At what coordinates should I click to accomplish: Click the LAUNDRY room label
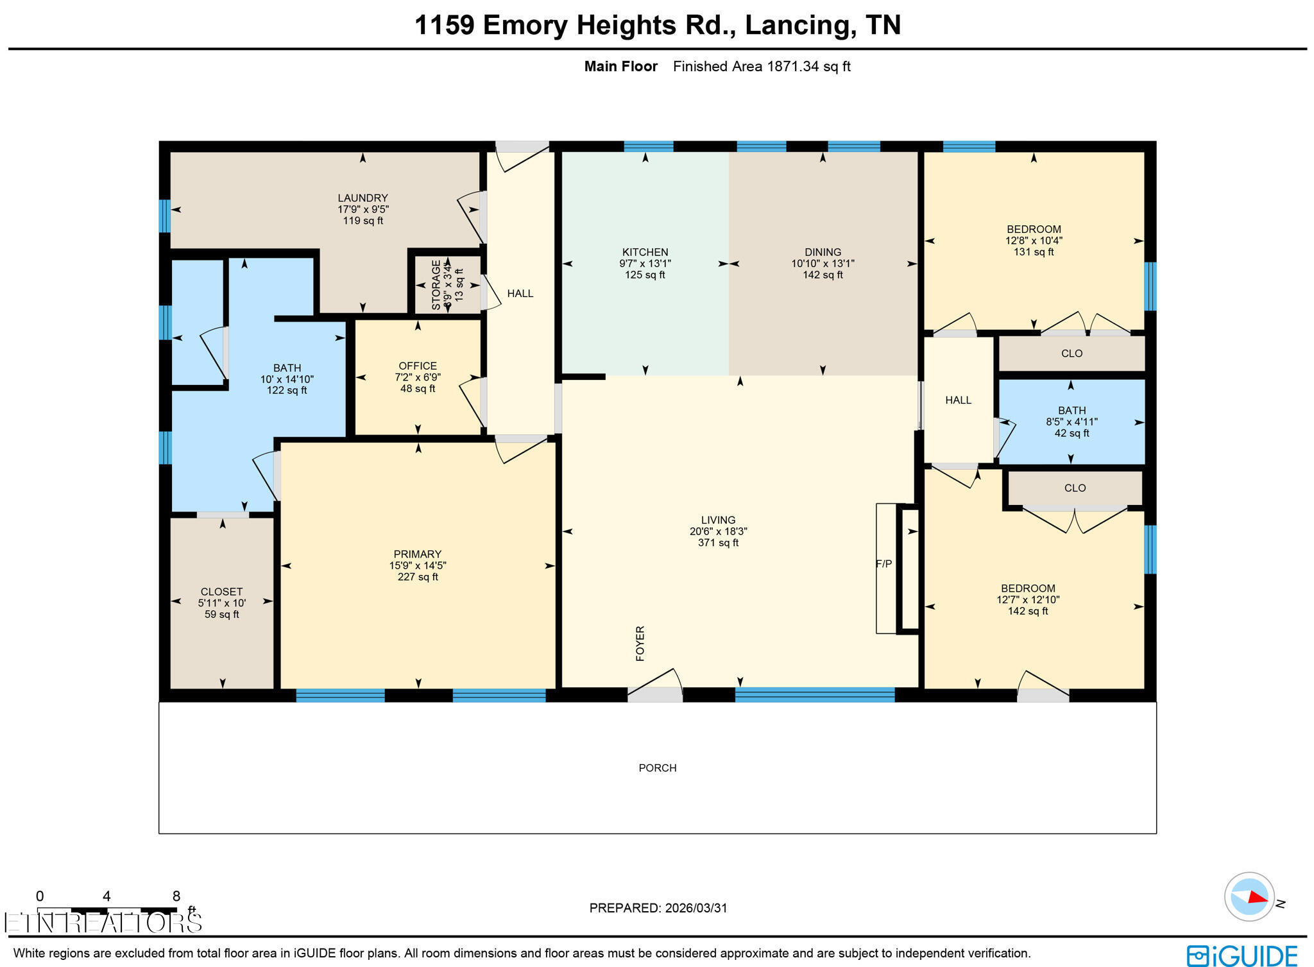[x=363, y=198]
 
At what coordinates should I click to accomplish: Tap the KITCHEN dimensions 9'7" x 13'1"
[x=645, y=264]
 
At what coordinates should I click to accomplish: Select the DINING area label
[x=823, y=252]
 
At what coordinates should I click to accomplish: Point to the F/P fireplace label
[x=883, y=564]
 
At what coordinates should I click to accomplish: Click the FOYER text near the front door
[x=640, y=643]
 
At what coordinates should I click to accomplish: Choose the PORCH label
[x=657, y=768]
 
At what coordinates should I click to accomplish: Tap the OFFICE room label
[x=418, y=366]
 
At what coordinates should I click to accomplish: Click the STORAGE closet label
[x=436, y=285]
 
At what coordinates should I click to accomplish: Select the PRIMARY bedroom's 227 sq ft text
[x=418, y=577]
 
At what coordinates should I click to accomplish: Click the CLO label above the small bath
[x=1071, y=354]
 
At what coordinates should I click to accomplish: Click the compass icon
[x=1249, y=896]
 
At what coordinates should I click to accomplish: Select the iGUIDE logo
[x=1241, y=955]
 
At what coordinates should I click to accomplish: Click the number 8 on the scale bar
[x=176, y=896]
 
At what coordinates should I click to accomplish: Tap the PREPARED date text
[x=658, y=908]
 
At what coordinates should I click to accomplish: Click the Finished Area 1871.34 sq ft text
[x=761, y=67]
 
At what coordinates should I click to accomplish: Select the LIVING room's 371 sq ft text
[x=718, y=543]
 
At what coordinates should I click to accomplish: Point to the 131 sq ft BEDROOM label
[x=1033, y=252]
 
